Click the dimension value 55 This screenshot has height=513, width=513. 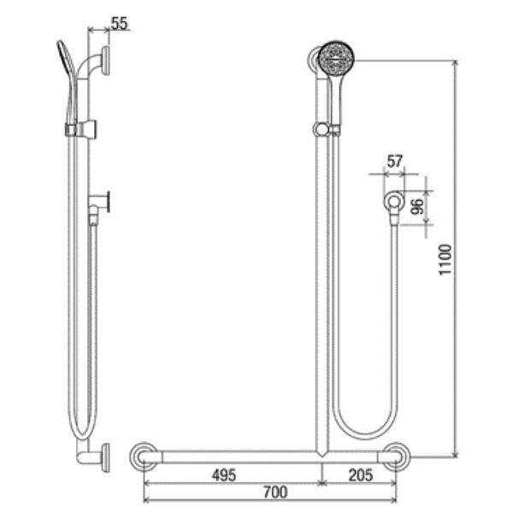(x=120, y=24)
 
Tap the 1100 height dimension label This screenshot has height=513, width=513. (x=445, y=260)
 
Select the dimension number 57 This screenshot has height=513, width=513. (x=395, y=162)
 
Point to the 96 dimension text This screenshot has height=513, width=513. (x=417, y=206)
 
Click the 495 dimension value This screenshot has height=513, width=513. (x=224, y=475)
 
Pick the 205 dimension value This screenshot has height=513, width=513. (x=361, y=475)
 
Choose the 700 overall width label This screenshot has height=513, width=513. (x=275, y=492)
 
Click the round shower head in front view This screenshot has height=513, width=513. (x=337, y=58)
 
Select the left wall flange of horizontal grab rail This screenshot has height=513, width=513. (x=144, y=457)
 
